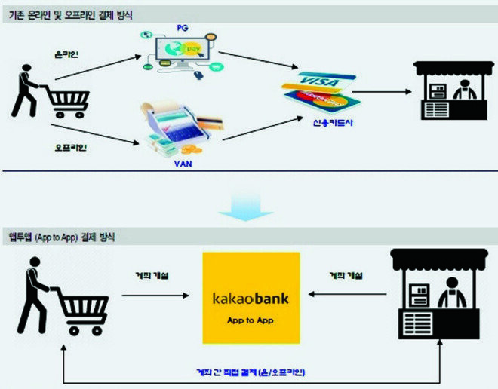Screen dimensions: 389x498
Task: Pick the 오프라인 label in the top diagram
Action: [x=71, y=146]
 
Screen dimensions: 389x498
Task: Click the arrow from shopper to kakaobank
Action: [x=155, y=295]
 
